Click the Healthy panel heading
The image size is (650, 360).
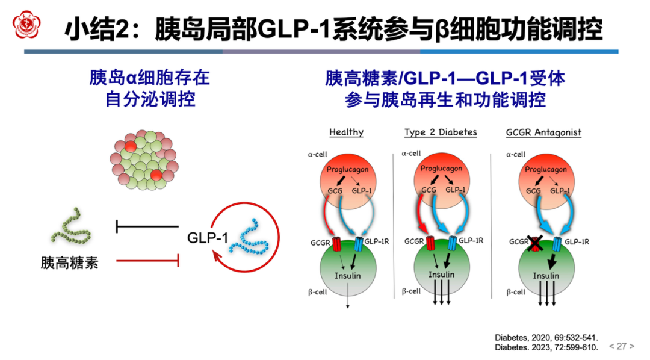coord(346,132)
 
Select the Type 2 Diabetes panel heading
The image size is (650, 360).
coord(440,132)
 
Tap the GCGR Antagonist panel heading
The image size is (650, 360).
coord(543,132)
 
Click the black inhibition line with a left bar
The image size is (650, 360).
coord(147,227)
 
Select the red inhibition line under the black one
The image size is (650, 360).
coord(148,261)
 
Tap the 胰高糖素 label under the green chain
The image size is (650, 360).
coord(69,262)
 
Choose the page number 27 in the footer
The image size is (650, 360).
coord(621,346)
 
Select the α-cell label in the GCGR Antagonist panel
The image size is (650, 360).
coord(516,154)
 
